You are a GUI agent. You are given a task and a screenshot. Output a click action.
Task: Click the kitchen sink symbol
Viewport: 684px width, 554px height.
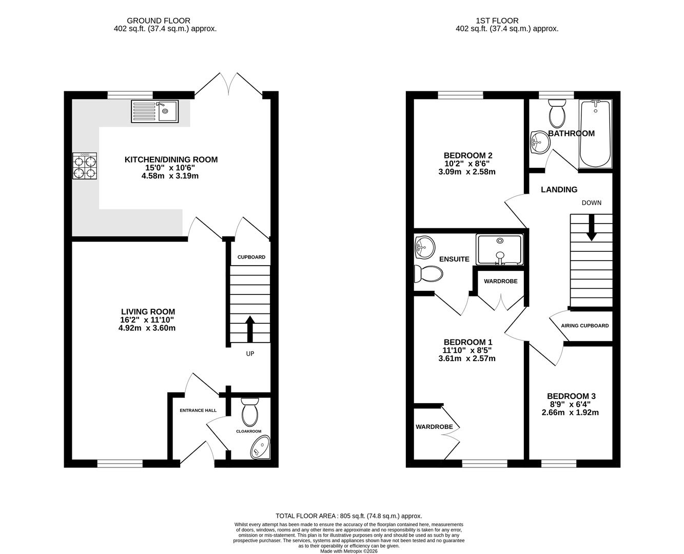(x=154, y=111)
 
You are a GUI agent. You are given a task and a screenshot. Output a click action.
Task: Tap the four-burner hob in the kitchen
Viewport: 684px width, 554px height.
(x=85, y=166)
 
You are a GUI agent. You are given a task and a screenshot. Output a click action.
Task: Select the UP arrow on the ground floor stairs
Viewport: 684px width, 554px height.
(x=250, y=329)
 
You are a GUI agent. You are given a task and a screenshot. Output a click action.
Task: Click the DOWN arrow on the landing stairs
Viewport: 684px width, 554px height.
(x=591, y=228)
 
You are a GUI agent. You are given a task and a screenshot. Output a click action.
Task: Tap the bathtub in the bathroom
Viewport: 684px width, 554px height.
(x=595, y=134)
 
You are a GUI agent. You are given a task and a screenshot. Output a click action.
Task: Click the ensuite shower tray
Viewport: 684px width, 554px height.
(x=499, y=250)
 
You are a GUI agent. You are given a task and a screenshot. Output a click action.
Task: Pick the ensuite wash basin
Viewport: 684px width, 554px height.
(x=424, y=248)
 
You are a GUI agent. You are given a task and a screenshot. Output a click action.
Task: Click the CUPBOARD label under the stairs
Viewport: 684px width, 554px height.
(x=251, y=257)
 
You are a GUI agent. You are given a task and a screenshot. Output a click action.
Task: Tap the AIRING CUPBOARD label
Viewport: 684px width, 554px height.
(x=584, y=326)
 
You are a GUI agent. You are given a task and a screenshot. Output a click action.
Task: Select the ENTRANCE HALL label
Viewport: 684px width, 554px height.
(x=198, y=410)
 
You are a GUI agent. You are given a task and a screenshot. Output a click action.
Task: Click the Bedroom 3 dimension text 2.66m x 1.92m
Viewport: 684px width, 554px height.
(x=571, y=412)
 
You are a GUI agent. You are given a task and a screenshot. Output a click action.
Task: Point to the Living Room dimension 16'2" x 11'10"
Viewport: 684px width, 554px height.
(x=148, y=320)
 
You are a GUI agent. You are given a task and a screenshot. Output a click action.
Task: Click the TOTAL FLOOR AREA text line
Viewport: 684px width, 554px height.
(x=348, y=516)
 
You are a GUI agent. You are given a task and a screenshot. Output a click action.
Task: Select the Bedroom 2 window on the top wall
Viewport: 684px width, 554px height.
(x=460, y=95)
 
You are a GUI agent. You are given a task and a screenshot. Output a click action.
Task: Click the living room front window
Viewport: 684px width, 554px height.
(x=120, y=463)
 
